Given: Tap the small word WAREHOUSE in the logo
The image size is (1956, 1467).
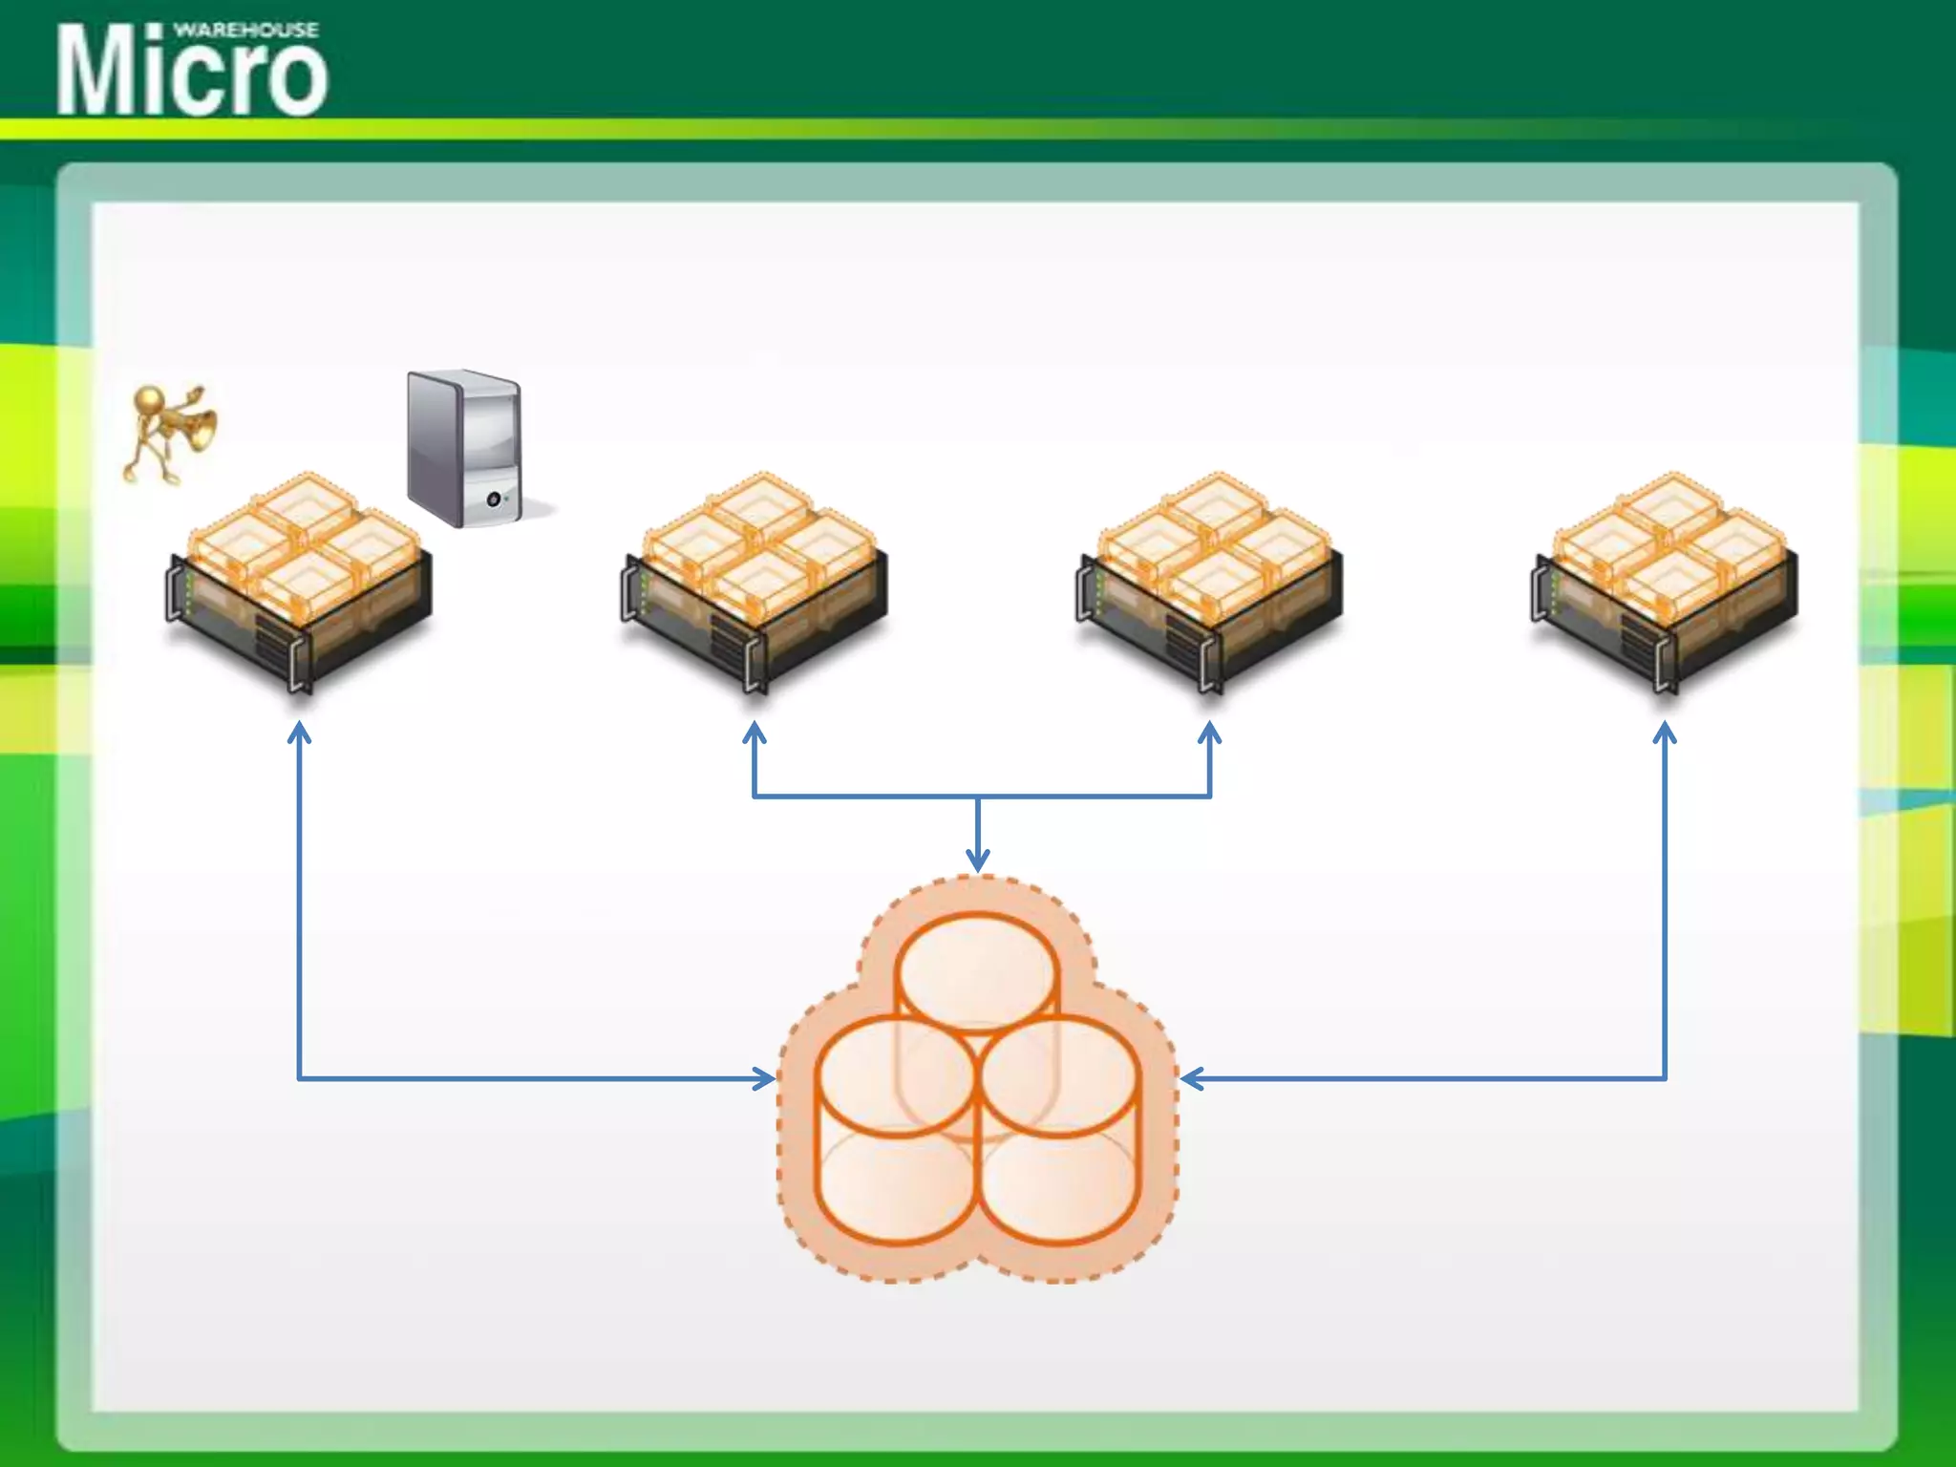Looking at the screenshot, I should pos(246,30).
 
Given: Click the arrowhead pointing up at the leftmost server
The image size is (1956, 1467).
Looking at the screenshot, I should pos(300,732).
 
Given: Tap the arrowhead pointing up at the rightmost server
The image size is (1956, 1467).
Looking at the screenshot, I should pos(1665,732).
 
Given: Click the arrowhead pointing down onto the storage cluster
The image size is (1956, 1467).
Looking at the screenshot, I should pos(977,861).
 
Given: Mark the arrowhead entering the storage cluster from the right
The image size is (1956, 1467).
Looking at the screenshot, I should pos(1191,1079).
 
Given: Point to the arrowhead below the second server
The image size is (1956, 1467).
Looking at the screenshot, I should pos(755,732).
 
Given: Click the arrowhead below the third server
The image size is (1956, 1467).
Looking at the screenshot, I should pos(1210,732).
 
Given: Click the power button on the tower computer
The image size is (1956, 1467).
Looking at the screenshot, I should pos(494,500).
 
